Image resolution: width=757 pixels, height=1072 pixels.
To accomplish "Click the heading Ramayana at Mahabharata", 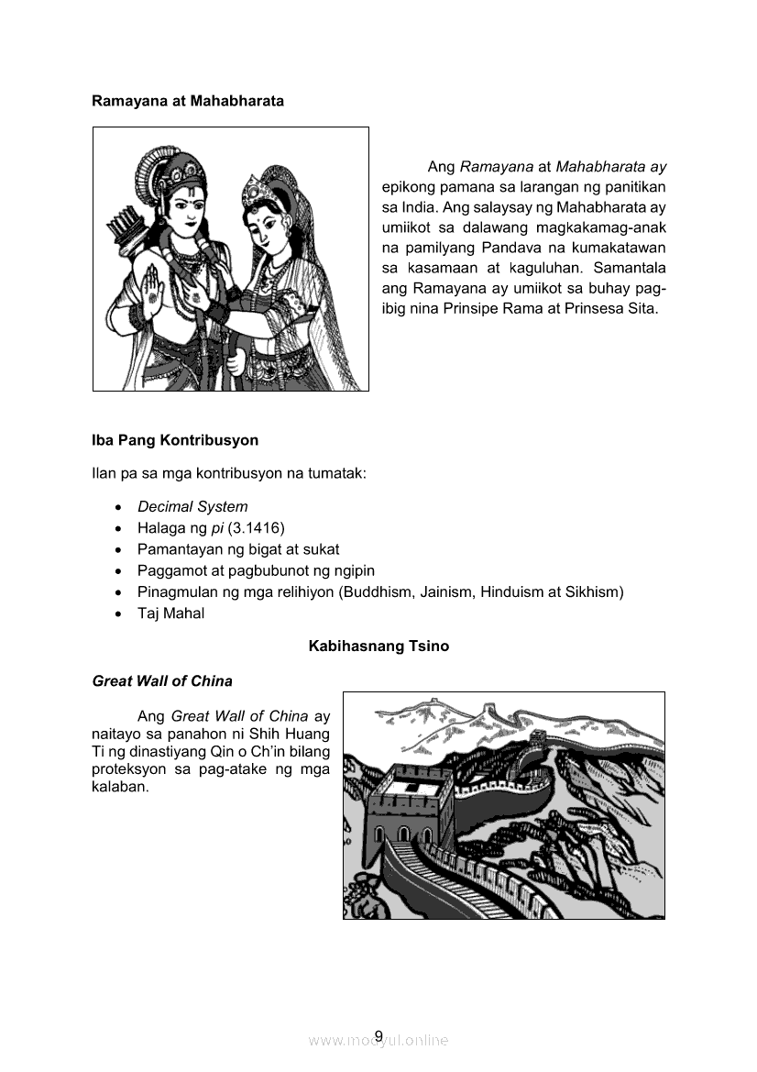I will click(188, 101).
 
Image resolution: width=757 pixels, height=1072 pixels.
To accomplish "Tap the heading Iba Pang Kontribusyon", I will click(175, 440).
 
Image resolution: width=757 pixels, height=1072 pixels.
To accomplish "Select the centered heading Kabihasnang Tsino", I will click(378, 646).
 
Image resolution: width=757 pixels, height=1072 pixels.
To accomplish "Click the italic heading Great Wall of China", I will click(162, 681).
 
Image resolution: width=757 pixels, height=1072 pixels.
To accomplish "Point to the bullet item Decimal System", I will click(192, 506).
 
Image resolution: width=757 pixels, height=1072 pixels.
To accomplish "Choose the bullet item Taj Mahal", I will click(170, 613).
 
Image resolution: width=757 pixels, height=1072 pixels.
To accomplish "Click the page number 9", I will click(378, 1036).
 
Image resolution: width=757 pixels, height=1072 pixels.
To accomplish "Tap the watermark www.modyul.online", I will click(378, 1041).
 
